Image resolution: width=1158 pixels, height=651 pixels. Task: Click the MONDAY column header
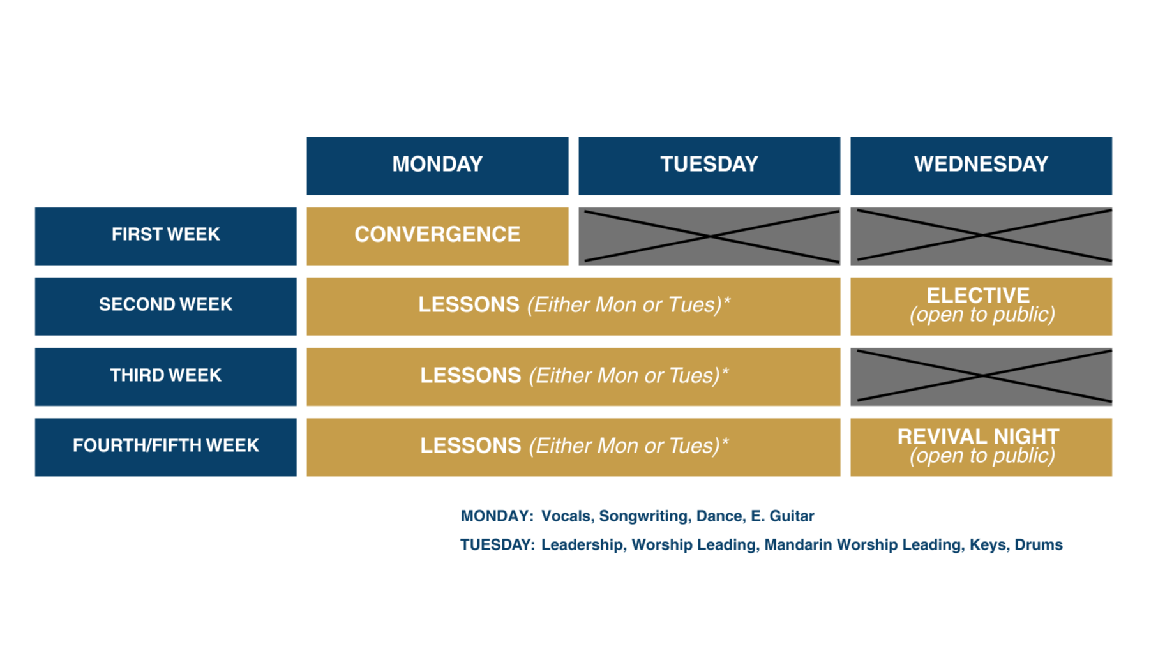coord(437,164)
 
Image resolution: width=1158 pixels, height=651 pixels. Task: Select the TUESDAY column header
coord(709,164)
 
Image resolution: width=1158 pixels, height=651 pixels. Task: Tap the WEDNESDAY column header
coord(981,164)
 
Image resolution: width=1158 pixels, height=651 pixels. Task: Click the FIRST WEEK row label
coord(166,234)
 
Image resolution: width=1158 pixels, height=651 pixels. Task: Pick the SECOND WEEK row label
coord(166,304)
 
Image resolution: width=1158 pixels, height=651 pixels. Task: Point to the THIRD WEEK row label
coord(166,375)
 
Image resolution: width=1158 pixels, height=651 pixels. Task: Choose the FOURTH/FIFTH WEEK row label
coord(166,445)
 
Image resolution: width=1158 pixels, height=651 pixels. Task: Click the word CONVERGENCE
coord(437,234)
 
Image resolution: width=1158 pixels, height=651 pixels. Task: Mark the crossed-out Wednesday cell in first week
coord(984,236)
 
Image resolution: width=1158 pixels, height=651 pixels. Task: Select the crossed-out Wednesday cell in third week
coord(984,376)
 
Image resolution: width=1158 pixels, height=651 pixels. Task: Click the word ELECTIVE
coord(978,295)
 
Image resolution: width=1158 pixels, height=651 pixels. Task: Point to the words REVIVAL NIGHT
coord(978,436)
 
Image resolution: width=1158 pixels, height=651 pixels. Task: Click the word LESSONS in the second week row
coord(469,304)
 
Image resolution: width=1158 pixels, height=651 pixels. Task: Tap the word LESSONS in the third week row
coord(470,375)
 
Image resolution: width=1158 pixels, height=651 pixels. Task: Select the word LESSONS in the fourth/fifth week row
coord(470,445)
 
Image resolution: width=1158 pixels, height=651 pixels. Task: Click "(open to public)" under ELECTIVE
coord(982,315)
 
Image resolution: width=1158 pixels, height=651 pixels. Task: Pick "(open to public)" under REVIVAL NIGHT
coord(982,456)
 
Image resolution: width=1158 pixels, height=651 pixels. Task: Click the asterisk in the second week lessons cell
coord(726,301)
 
